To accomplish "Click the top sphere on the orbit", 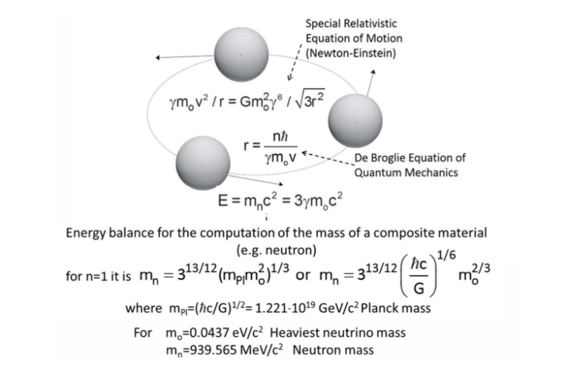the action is tap(241, 54).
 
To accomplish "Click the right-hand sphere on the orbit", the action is tap(355, 121).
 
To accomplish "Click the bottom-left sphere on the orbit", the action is tap(203, 164).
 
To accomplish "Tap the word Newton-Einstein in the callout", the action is tap(351, 53).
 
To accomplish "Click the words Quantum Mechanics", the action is tap(406, 172).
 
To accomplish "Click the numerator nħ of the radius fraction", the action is tap(280, 137).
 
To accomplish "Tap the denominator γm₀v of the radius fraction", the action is tap(280, 158).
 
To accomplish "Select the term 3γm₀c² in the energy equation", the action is tap(318, 200).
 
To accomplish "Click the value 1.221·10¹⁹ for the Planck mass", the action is tap(285, 308).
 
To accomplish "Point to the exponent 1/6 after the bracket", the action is tap(446, 255).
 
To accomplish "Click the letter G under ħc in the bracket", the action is tap(419, 288).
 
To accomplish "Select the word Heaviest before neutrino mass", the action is tap(292, 332).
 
